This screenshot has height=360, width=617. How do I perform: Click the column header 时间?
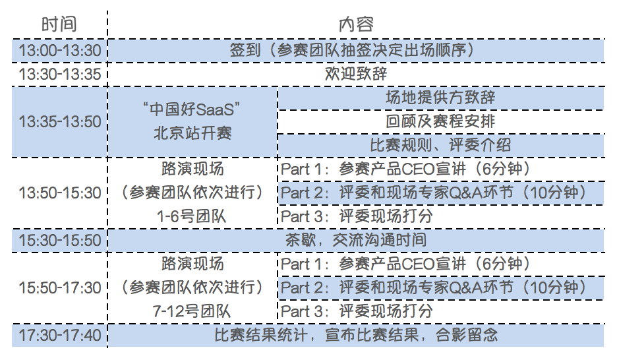coord(59,25)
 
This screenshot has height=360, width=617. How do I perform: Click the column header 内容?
coord(356,25)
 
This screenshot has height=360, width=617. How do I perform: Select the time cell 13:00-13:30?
coord(60,50)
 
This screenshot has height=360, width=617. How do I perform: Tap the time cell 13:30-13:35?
coord(60,74)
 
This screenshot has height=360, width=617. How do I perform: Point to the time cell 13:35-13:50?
coord(60,121)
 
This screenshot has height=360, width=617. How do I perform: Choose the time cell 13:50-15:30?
coord(60,193)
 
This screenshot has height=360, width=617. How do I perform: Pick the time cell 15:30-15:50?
coord(60,240)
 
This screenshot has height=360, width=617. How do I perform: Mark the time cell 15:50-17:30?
coord(60,287)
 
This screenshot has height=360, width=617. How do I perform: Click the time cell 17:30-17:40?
coord(60,335)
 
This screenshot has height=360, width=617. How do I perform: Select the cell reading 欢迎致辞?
coord(356,74)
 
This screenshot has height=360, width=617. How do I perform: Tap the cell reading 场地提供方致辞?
coord(440,98)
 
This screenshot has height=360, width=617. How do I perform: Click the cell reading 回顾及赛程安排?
coord(440,121)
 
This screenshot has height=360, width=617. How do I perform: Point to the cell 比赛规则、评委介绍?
coord(440,145)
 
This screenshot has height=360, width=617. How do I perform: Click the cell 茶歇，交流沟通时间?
coord(356,240)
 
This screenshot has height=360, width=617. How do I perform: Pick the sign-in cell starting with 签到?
coord(356,50)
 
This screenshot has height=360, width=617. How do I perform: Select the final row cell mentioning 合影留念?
coord(356,335)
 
